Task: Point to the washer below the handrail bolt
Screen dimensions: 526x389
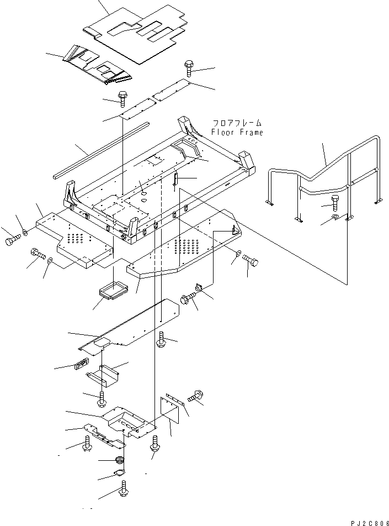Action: pos(334,220)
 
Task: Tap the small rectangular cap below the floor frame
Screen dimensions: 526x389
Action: pos(114,290)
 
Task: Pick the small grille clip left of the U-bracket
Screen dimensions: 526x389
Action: pos(81,365)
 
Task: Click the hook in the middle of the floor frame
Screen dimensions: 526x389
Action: pos(175,181)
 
